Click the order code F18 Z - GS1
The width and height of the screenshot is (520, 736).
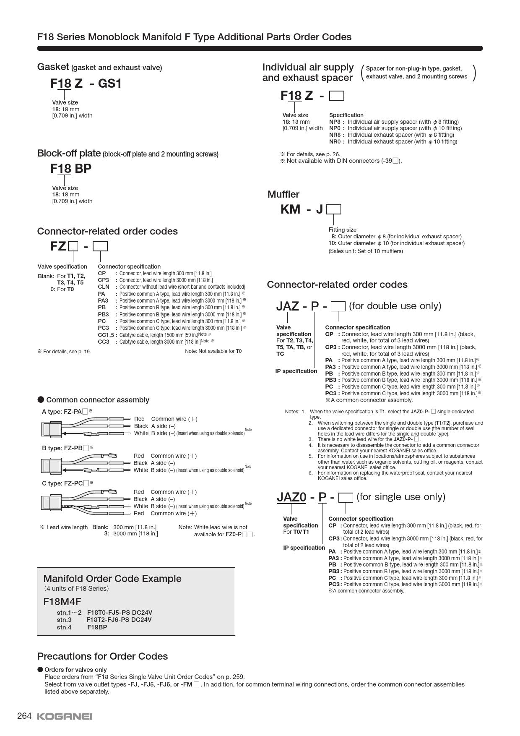pos(86,84)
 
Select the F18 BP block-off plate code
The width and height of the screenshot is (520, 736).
pos(71,169)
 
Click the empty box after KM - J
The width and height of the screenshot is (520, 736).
pos(333,209)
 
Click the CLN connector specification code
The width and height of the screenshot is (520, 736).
pos(104,287)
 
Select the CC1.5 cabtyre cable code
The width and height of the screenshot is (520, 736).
pos(106,334)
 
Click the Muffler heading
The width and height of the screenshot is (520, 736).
pos(283,194)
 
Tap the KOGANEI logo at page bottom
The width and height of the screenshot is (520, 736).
pos(65,717)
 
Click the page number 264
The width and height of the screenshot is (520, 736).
pos(24,716)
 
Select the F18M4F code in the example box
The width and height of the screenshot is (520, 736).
pos(62,602)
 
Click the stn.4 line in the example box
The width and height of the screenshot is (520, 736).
pos(82,627)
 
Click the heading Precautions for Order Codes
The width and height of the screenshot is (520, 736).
pos(102,656)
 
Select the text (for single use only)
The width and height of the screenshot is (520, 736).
pos(400,497)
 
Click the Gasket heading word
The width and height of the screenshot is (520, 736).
pos(53,67)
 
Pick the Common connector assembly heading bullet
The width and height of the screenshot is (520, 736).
pos(41,399)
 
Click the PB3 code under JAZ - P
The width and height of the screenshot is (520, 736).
pos(330,380)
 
